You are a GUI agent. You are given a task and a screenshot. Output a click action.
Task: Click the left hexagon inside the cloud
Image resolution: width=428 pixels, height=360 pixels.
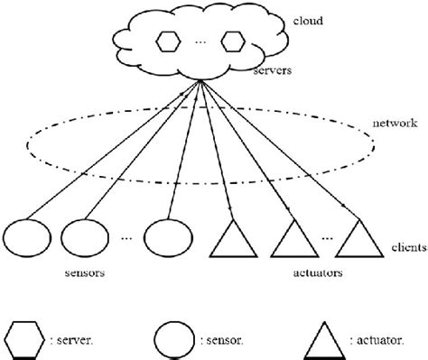[x=169, y=42]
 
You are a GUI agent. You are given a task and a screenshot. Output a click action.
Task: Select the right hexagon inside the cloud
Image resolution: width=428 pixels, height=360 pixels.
[x=233, y=42]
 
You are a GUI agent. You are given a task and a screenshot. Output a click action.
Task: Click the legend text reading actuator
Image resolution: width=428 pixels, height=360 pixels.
[x=382, y=341]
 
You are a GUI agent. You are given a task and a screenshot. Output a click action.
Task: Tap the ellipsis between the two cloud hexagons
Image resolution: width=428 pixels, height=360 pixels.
[x=200, y=42]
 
